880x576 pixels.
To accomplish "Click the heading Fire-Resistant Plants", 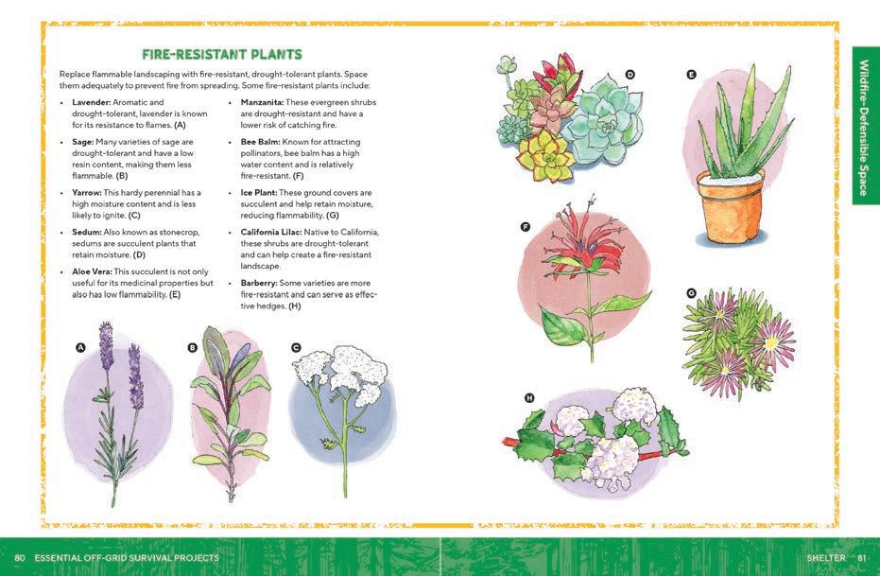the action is tap(222, 55).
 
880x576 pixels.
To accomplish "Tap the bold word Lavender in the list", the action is tap(91, 102).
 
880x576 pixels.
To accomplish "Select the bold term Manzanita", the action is tap(262, 102).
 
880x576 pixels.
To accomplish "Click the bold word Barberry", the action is tap(259, 283).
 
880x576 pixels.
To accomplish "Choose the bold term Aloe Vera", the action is tap(92, 271).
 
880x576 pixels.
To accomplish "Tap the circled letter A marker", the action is tap(80, 347).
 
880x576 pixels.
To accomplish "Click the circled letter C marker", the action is tap(296, 347).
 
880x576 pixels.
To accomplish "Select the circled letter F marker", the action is tap(526, 227).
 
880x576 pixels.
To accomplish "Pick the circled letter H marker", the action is tap(529, 398).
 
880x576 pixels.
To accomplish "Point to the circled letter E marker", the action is tap(692, 74).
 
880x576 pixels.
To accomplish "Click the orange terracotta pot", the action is tap(730, 208).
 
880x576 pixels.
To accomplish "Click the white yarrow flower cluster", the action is tap(341, 373).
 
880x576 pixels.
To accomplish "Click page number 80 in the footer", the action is tap(20, 557).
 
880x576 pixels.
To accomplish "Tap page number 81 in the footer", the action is tap(862, 557).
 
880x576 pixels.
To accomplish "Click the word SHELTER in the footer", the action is tap(826, 557).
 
